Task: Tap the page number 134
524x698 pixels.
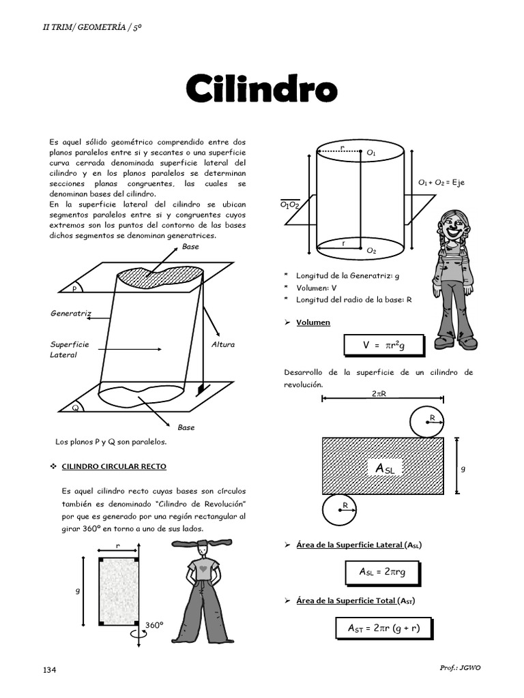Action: coord(49,670)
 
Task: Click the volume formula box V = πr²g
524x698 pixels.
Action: coord(383,346)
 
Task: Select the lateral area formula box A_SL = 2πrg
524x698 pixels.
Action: coord(382,572)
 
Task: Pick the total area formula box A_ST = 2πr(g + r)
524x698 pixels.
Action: coord(383,628)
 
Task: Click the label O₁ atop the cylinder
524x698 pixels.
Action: coord(371,154)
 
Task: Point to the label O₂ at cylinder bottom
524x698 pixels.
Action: coord(371,251)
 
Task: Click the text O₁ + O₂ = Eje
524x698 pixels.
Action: coord(441,183)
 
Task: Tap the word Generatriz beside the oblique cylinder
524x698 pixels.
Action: coord(70,314)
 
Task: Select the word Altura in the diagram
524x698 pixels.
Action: coord(222,344)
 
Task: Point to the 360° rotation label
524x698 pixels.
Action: coord(154,624)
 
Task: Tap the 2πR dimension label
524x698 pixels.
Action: coord(379,394)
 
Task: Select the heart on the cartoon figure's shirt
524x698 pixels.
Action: coord(203,566)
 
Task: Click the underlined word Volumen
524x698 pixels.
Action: coord(313,322)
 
